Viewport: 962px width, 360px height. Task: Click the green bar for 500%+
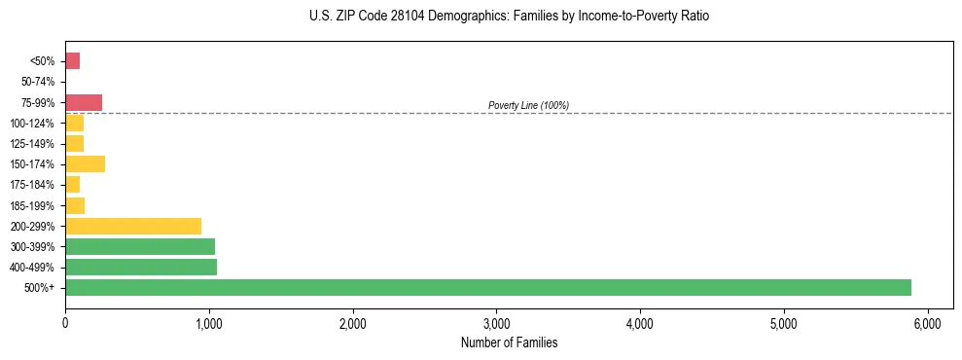487,287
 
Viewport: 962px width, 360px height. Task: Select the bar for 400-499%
141,267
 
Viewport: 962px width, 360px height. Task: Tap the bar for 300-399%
140,246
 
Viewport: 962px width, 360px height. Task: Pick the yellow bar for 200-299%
133,226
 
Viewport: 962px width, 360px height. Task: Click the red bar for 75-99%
84,102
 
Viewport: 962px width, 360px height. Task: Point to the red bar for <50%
72,61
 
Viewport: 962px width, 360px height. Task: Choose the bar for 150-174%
85,163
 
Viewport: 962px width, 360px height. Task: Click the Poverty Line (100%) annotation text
528,105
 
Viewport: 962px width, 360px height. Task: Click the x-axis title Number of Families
509,342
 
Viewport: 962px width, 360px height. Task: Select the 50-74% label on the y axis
38,82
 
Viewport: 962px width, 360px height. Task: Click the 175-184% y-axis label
34,185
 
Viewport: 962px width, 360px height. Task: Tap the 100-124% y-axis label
34,124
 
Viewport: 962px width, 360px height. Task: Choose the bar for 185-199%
75,205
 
